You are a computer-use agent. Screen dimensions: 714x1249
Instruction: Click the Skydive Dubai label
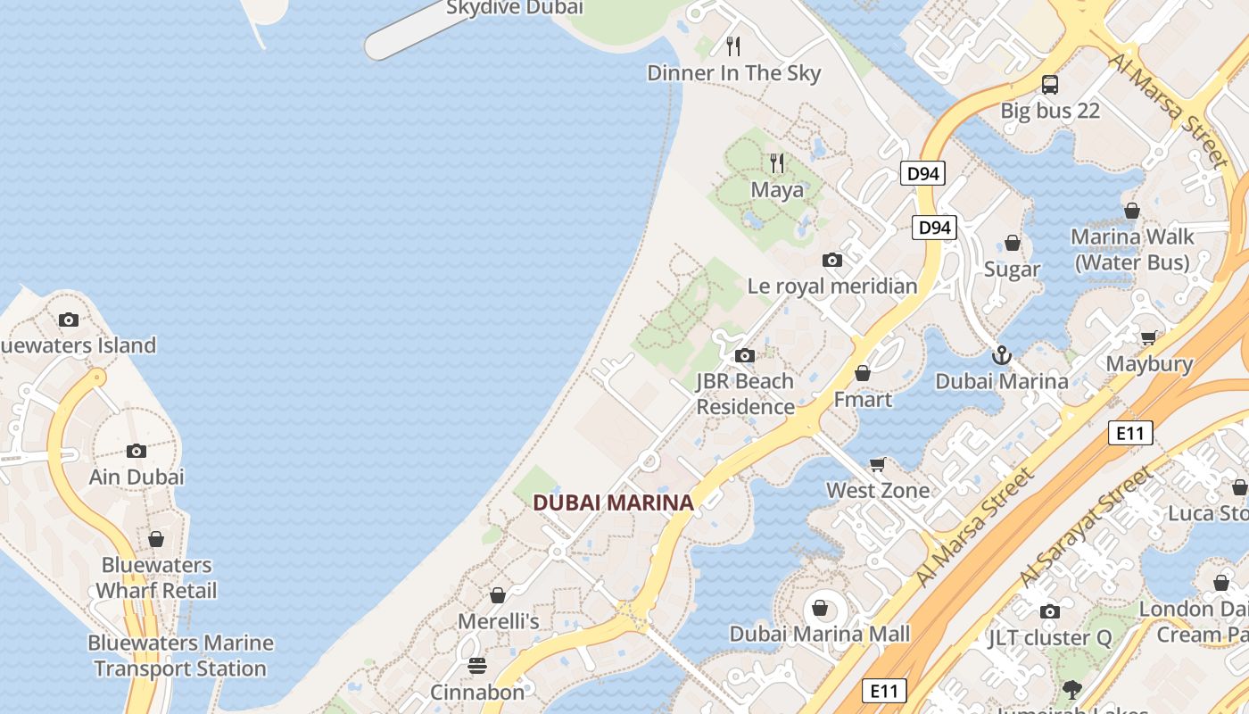coord(514,8)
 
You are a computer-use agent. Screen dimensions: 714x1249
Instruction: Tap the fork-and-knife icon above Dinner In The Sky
coord(733,46)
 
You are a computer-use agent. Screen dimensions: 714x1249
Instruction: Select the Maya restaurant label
coord(776,189)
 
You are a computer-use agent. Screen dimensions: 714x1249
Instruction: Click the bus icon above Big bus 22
coord(1050,85)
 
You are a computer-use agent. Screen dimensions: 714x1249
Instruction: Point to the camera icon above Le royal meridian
coord(832,260)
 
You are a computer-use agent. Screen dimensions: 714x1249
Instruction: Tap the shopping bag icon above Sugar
coord(1013,243)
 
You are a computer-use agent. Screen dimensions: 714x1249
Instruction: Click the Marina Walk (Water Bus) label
coord(1132,249)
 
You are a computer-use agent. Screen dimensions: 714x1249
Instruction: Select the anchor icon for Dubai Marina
coord(1001,355)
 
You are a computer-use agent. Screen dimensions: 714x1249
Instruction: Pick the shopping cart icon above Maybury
coord(1148,337)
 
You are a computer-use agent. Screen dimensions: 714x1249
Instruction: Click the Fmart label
coord(863,399)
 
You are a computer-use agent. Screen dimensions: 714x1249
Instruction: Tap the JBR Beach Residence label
coord(745,394)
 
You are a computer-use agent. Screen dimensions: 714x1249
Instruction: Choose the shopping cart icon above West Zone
coord(878,464)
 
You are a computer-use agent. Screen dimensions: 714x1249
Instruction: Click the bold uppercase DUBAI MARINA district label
coord(613,502)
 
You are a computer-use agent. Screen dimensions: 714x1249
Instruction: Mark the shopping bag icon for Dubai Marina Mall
coord(820,608)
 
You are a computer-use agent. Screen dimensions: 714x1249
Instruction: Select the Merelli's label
coord(499,620)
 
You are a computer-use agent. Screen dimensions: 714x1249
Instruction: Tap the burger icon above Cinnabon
coord(477,666)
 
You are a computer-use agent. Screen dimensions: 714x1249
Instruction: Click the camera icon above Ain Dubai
coord(136,451)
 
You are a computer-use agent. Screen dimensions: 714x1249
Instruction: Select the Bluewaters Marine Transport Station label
coord(180,655)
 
